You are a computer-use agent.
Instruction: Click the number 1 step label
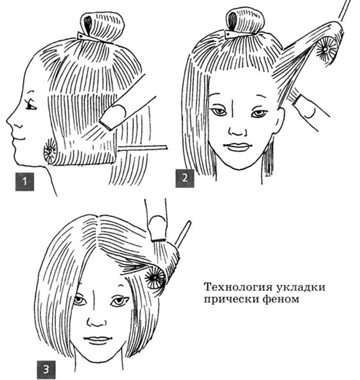tap(24, 181)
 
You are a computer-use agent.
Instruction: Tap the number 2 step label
tap(185, 178)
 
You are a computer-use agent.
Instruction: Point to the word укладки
tap(301, 288)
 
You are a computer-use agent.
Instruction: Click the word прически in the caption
tap(229, 299)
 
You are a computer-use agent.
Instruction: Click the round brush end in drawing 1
tap(50, 152)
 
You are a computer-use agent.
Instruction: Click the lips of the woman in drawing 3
tap(98, 340)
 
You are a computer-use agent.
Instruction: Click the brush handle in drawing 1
tap(142, 148)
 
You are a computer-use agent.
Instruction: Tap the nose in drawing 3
tap(96, 321)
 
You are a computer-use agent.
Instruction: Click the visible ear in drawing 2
tap(279, 121)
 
